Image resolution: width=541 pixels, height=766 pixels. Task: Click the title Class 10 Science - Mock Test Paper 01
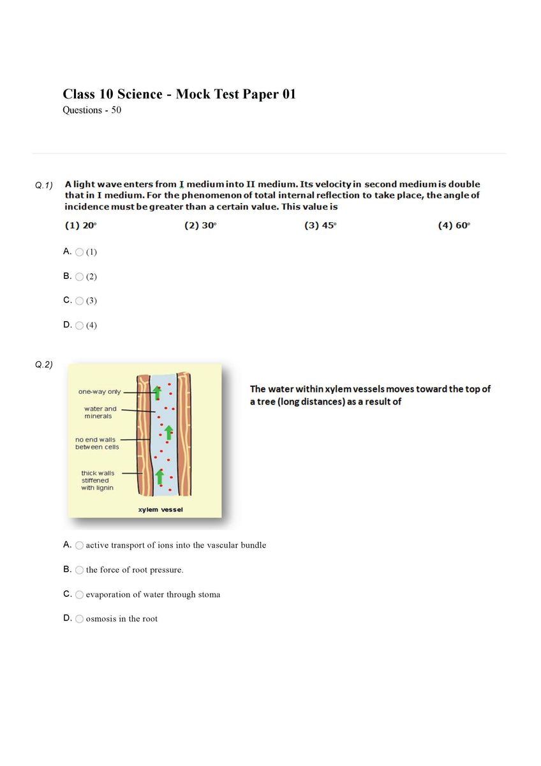[179, 94]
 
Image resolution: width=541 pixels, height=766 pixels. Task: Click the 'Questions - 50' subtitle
[92, 110]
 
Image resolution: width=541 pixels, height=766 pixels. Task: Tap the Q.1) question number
[44, 185]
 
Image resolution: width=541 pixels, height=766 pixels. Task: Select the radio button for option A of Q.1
[79, 252]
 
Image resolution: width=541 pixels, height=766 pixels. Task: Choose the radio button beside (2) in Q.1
[79, 276]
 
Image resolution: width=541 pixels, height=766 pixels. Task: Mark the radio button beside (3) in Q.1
[79, 301]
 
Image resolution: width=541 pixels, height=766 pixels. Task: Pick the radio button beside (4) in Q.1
[79, 326]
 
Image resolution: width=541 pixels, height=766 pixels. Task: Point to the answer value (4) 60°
[454, 225]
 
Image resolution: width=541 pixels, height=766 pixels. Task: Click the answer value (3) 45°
[320, 225]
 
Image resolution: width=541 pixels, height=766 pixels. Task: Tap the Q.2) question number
[44, 365]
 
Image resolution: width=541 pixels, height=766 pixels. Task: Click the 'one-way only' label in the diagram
[99, 392]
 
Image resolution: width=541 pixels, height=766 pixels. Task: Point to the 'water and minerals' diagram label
[100, 412]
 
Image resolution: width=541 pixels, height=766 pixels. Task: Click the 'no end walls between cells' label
[97, 443]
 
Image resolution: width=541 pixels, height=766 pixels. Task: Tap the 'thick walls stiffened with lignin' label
[97, 480]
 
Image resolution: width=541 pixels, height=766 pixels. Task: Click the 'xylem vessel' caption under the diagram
[160, 509]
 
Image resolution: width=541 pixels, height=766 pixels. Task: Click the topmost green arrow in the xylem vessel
[156, 392]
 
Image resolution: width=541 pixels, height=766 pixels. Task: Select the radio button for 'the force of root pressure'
[79, 569]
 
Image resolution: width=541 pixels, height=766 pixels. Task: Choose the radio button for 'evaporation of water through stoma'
[79, 594]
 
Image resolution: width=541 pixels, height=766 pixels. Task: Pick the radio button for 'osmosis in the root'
[79, 619]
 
